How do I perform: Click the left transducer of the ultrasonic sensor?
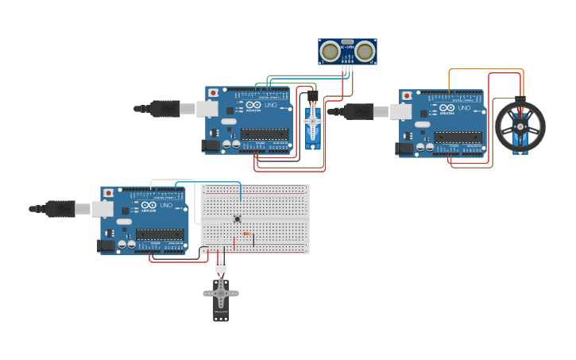coord(330,52)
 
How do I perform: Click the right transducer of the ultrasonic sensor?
coord(365,52)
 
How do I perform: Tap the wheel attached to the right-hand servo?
coord(520,126)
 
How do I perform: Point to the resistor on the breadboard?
coord(247,234)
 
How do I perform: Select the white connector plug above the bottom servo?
coord(220,267)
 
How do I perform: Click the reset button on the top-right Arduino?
coord(407,96)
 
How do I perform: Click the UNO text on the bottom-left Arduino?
coord(165,206)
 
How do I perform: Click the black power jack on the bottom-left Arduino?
coord(106,246)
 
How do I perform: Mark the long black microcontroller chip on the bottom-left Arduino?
coord(160,234)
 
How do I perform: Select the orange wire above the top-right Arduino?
coord(485,70)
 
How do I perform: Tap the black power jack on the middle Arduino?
coord(211,145)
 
